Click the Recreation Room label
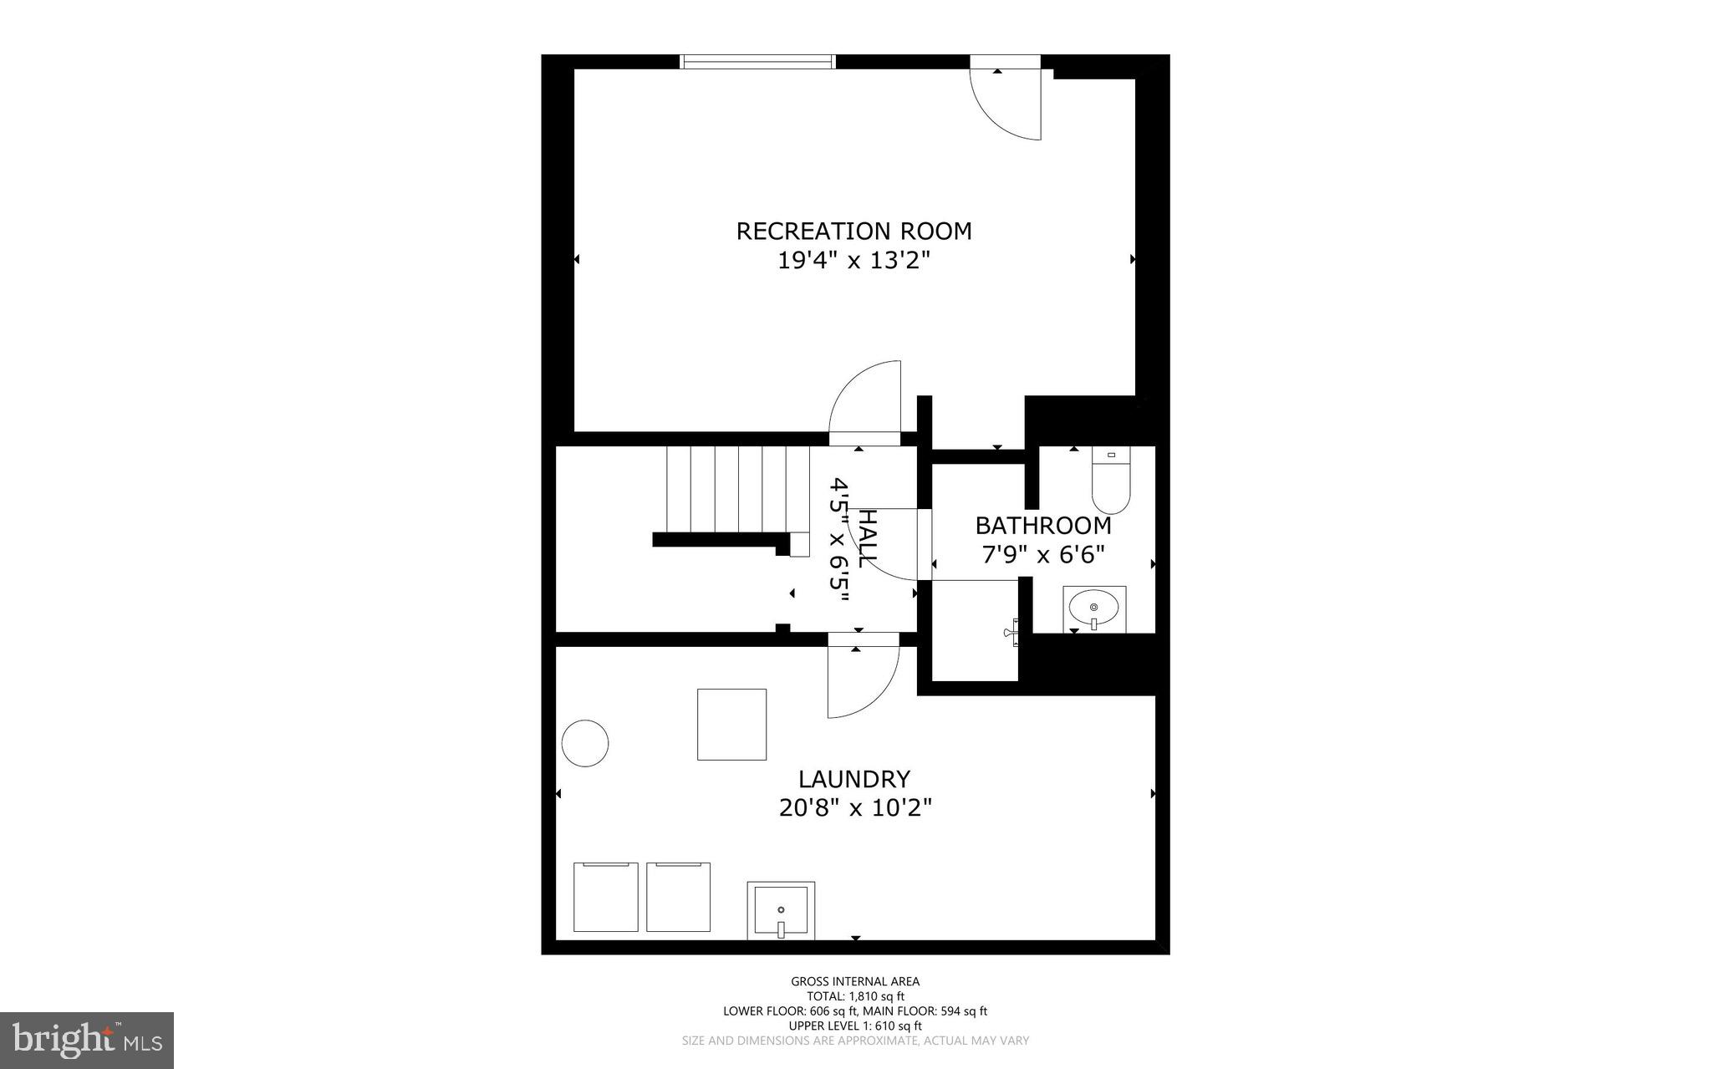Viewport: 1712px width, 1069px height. pyautogui.click(x=853, y=231)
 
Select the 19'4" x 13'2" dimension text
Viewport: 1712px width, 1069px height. pyautogui.click(x=853, y=261)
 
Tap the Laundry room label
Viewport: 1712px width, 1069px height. pyautogui.click(x=853, y=779)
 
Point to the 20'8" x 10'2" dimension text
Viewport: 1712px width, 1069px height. pyautogui.click(x=854, y=808)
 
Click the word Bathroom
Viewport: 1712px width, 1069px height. pyautogui.click(x=1043, y=526)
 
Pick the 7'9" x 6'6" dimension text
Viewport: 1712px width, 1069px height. pyautogui.click(x=1043, y=554)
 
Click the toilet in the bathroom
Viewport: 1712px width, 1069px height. pyautogui.click(x=1111, y=481)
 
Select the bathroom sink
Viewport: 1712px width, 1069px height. pyautogui.click(x=1093, y=608)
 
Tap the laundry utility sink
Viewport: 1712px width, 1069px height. pyautogui.click(x=781, y=910)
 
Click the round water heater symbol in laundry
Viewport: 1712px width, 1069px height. pyautogui.click(x=585, y=743)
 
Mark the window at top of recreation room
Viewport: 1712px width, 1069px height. pyautogui.click(x=758, y=61)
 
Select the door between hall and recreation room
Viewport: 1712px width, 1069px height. pyautogui.click(x=866, y=401)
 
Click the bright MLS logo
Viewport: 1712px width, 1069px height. pyautogui.click(x=87, y=1040)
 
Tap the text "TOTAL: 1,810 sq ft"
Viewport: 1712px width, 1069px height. pyautogui.click(x=855, y=996)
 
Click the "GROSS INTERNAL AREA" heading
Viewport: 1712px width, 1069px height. pyautogui.click(x=855, y=981)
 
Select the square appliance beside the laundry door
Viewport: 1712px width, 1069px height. pyautogui.click(x=731, y=724)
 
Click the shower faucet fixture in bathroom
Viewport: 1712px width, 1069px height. pyautogui.click(x=1012, y=633)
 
